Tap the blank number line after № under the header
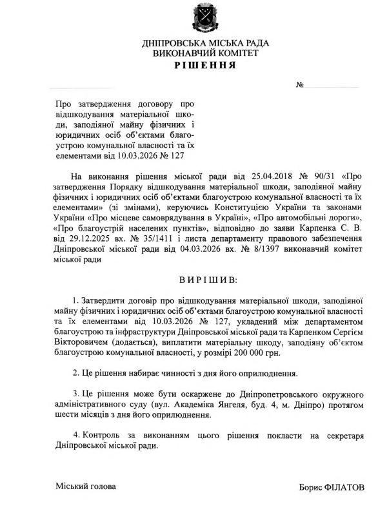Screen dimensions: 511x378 click(x=332, y=86)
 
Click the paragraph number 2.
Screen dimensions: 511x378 click(x=76, y=373)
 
